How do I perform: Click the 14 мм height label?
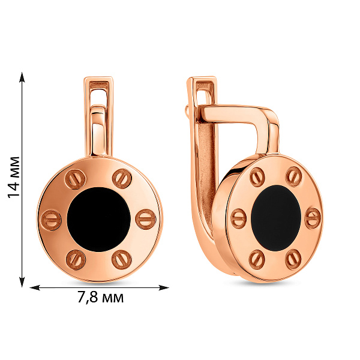(14, 177)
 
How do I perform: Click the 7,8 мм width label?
(101, 298)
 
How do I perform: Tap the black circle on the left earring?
(99, 219)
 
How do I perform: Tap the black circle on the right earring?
(276, 218)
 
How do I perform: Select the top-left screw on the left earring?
(75, 179)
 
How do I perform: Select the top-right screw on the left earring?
(122, 179)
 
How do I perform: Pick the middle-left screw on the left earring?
(51, 220)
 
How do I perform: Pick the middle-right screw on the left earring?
(146, 219)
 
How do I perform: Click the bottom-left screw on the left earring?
(76, 260)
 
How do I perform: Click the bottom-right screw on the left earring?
(122, 260)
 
